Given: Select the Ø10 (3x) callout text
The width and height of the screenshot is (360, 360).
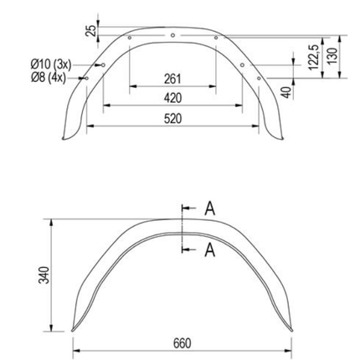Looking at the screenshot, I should tap(52, 64).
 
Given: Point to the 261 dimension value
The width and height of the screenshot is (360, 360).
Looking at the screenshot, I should tap(172, 80).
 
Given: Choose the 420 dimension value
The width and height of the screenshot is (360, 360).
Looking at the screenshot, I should tap(172, 99).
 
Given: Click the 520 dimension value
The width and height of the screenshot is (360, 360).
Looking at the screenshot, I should tap(172, 119).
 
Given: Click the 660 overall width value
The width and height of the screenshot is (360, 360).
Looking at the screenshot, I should tap(182, 343).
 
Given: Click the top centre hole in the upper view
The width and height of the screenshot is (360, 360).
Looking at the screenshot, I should tap(172, 35).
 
